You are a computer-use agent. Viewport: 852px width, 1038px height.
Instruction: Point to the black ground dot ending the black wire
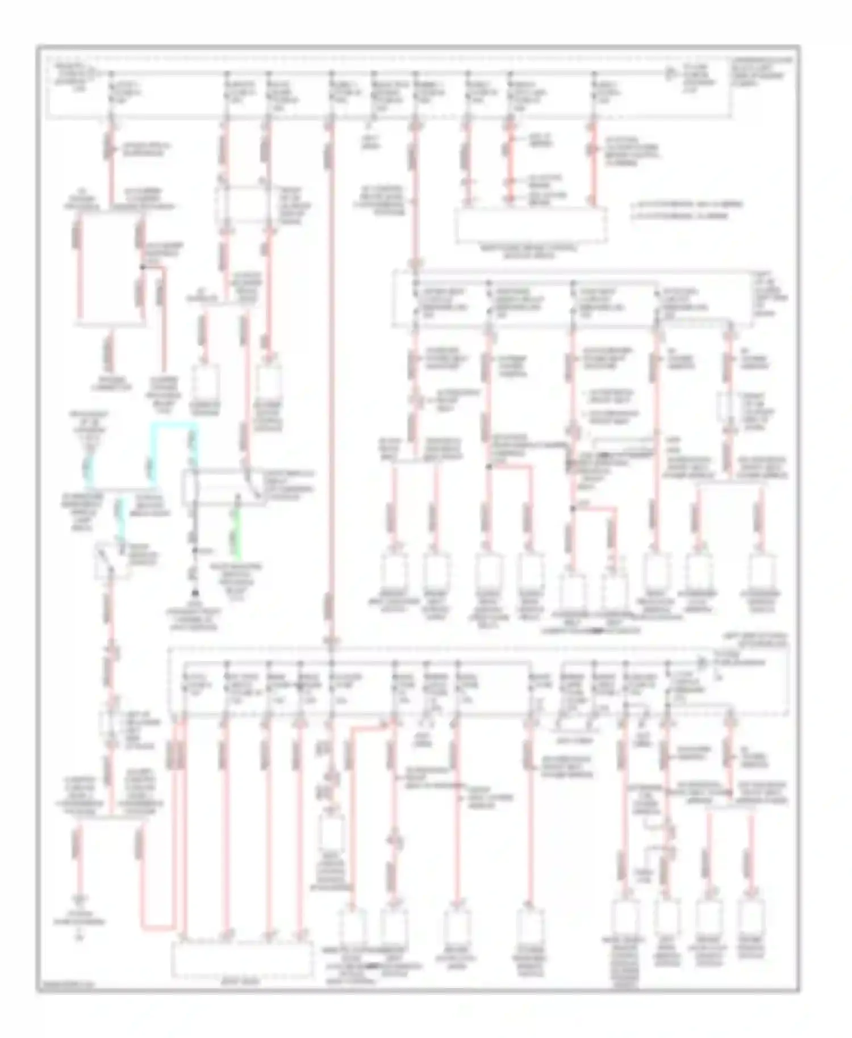click(194, 592)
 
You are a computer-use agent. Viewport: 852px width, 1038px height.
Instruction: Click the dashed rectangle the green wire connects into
click(222, 487)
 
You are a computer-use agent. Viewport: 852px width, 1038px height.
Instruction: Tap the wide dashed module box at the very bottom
click(241, 960)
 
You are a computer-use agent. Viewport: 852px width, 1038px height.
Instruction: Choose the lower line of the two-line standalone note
click(682, 216)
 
